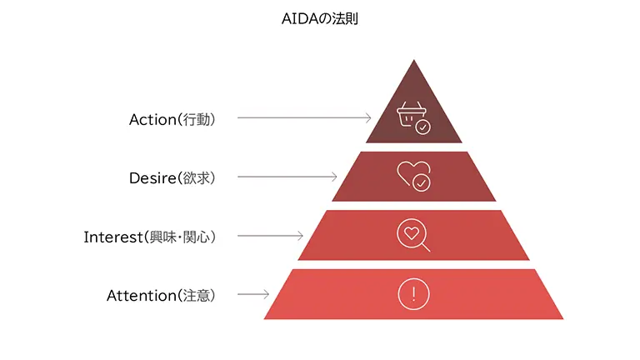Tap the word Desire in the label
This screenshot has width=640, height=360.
pyautogui.click(x=152, y=177)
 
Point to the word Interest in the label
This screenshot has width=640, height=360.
pyautogui.click(x=112, y=237)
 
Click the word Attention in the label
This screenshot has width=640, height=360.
pyautogui.click(x=142, y=295)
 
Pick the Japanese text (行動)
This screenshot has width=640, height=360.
pyautogui.click(x=197, y=119)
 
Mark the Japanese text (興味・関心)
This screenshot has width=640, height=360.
pyautogui.click(x=180, y=237)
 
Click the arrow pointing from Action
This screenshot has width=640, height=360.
pyautogui.click(x=304, y=118)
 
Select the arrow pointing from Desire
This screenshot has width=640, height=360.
pyautogui.click(x=287, y=177)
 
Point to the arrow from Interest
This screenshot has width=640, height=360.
pyautogui.click(x=271, y=236)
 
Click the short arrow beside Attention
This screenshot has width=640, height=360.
pyautogui.click(x=253, y=294)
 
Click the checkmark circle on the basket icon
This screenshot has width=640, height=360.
pyautogui.click(x=423, y=127)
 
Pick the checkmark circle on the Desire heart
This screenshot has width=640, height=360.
pyautogui.click(x=422, y=182)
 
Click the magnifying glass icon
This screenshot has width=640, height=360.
pyautogui.click(x=413, y=236)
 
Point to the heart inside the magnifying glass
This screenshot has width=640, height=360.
pyautogui.click(x=411, y=233)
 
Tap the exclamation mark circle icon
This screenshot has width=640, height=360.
pyautogui.click(x=413, y=293)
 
